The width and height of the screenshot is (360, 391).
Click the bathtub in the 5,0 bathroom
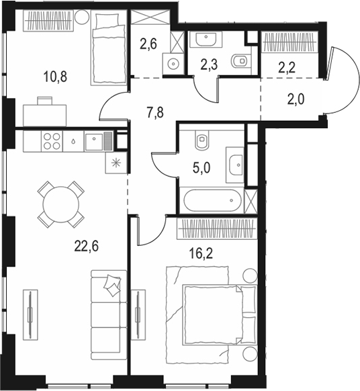click(210, 200)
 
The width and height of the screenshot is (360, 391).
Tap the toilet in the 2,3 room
click(238, 62)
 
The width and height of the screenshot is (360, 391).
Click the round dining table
click(60, 201)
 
